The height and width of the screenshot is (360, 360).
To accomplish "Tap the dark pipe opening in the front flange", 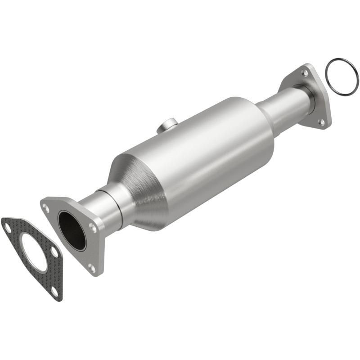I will coord(72,230).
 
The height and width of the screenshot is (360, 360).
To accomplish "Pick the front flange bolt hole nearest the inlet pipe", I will coord(93,227).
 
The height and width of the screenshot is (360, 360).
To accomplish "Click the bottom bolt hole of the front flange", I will coord(92,268).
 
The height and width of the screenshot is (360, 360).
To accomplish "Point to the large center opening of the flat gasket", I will coord(34,252).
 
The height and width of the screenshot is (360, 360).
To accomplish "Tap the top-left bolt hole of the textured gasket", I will coord(8,228).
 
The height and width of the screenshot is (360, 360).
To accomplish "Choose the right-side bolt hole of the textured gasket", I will coord(54,252).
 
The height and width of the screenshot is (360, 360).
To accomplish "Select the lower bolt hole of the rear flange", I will coord(321,122).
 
